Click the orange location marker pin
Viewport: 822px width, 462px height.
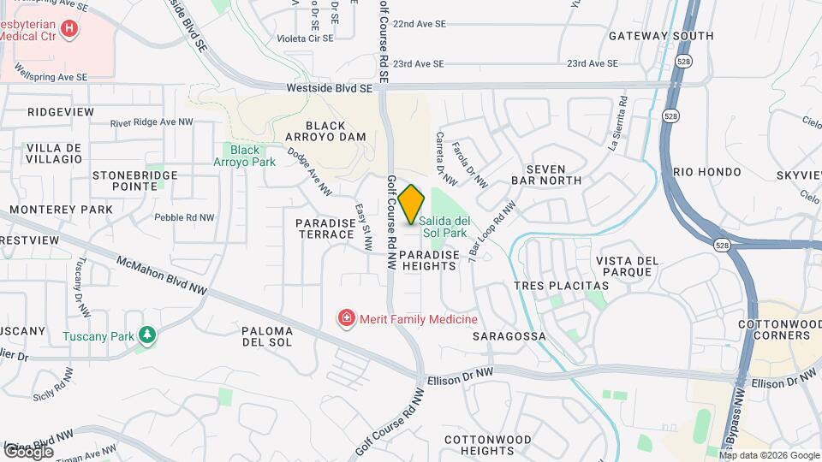coord(412,204)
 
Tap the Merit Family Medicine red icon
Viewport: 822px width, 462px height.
coord(347,319)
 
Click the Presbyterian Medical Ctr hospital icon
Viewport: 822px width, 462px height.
coord(68,28)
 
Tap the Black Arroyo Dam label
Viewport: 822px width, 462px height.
coord(330,131)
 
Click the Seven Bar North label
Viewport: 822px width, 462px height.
coord(546,175)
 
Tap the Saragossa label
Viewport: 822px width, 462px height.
coord(509,336)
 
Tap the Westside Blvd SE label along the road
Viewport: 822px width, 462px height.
coord(331,87)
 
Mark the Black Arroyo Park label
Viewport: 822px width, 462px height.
coord(244,156)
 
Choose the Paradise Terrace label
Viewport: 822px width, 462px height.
coord(325,228)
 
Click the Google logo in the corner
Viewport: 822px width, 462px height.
coord(28,451)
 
